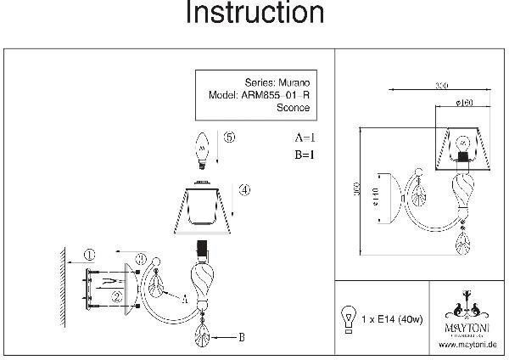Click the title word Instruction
255,14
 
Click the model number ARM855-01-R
278,95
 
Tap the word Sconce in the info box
294,108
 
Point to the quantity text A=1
305,137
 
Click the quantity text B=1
305,155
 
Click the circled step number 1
90,254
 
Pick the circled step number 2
114,296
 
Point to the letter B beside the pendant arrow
242,337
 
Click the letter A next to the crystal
184,297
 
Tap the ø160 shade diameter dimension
463,104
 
